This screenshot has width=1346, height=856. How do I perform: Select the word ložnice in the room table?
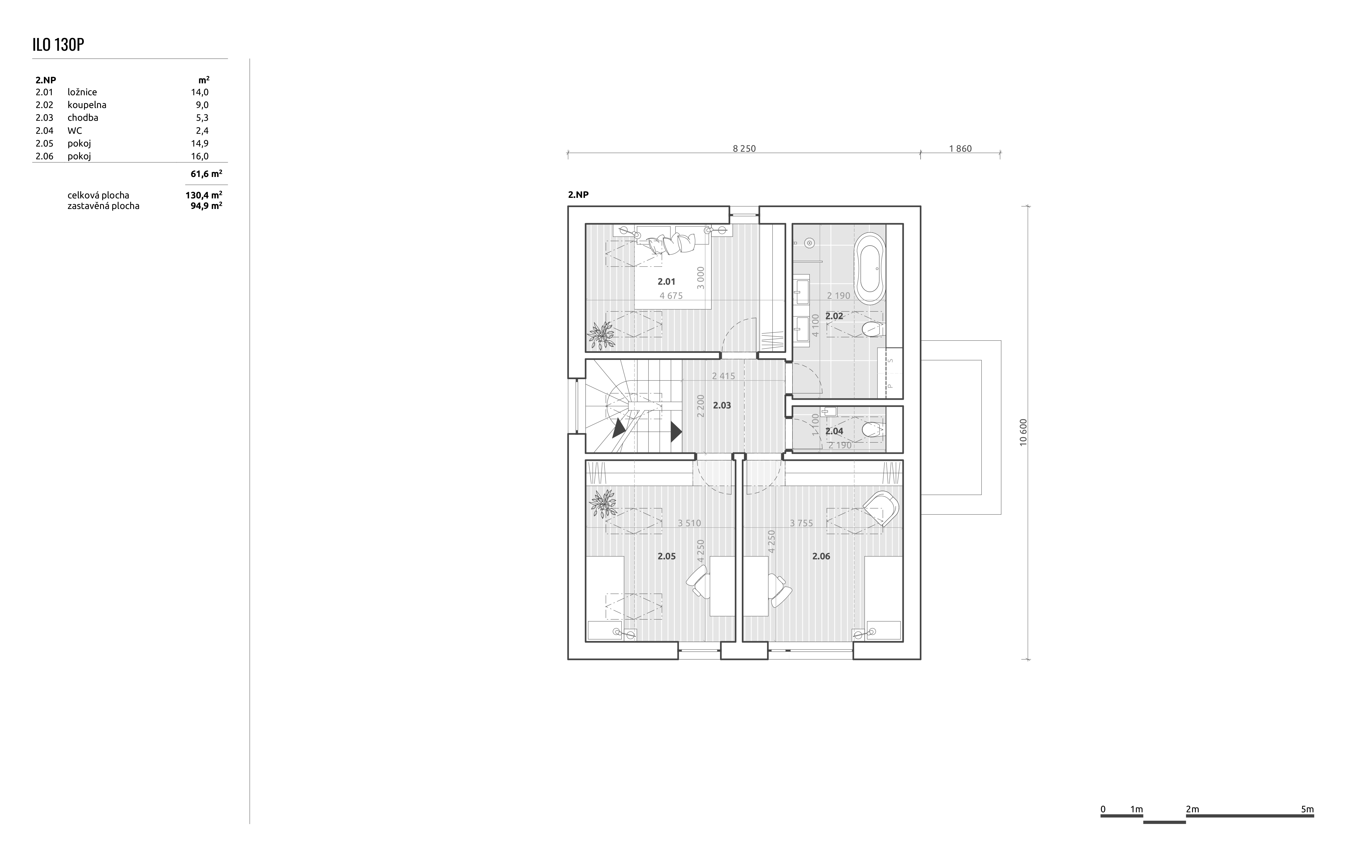(x=82, y=92)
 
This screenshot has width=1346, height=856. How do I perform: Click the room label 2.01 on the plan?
(x=666, y=282)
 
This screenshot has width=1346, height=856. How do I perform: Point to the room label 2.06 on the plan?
(x=821, y=556)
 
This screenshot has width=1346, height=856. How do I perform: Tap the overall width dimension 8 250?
(x=744, y=149)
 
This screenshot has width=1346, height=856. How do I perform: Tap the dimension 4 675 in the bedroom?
(x=671, y=296)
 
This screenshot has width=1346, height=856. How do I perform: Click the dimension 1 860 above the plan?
(x=960, y=149)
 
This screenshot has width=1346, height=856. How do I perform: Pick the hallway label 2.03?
(x=722, y=405)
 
